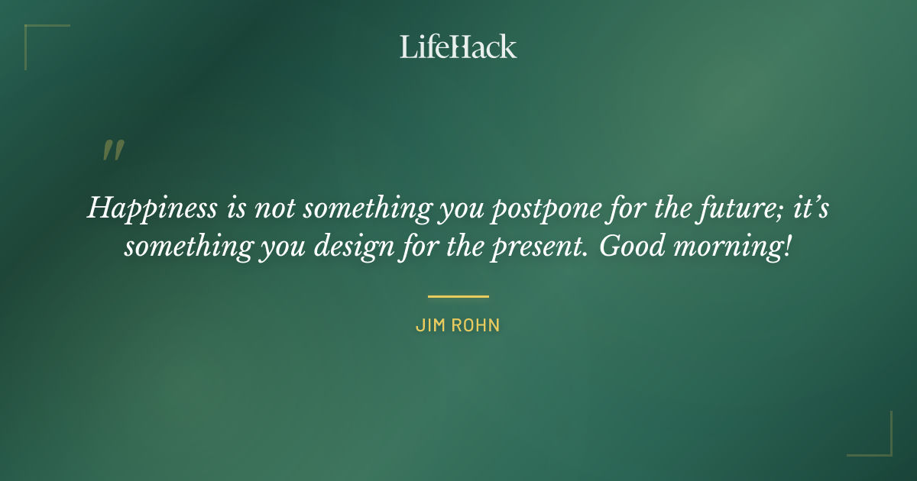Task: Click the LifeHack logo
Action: (458, 47)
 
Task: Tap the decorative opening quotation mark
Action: (112, 151)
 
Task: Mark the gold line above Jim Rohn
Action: (458, 296)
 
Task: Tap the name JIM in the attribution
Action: (430, 325)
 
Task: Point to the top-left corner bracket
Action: (34, 35)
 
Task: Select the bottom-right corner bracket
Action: (882, 446)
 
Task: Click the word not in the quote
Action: (270, 208)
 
